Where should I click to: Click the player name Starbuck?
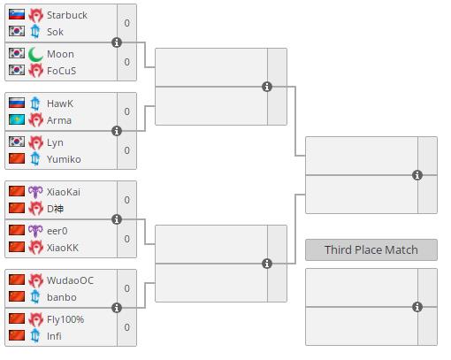pyautogui.click(x=67, y=15)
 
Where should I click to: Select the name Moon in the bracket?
pyautogui.click(x=60, y=54)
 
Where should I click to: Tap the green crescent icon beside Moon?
pyautogui.click(x=35, y=55)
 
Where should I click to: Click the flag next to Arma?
pyautogui.click(x=17, y=119)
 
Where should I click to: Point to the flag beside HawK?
pyautogui.click(x=17, y=103)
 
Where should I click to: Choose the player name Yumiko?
pyautogui.click(x=64, y=159)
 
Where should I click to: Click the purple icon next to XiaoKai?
pyautogui.click(x=35, y=192)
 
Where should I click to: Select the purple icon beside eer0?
pyautogui.click(x=35, y=231)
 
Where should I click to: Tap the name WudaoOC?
pyautogui.click(x=70, y=280)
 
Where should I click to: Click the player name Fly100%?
pyautogui.click(x=65, y=319)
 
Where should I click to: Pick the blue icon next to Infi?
pyautogui.click(x=35, y=335)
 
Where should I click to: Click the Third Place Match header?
pyautogui.click(x=371, y=249)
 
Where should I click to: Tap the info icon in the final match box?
pyautogui.click(x=417, y=175)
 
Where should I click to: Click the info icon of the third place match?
pyautogui.click(x=417, y=307)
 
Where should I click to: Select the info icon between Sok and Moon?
pyautogui.click(x=117, y=42)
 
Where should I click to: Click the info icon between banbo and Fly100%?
pyautogui.click(x=117, y=308)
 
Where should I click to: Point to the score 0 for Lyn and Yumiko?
pyautogui.click(x=126, y=150)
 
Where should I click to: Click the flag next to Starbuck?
pyautogui.click(x=17, y=14)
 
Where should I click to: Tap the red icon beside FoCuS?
pyautogui.click(x=35, y=71)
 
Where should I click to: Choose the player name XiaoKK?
pyautogui.click(x=63, y=248)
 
